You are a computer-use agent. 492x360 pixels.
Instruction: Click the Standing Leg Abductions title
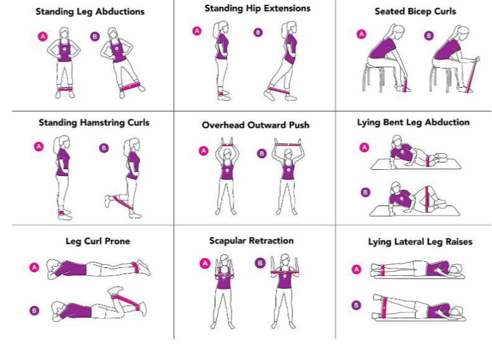[90, 12]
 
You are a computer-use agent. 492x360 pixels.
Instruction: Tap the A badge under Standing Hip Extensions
[197, 31]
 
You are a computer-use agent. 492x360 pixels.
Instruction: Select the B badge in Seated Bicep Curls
[428, 35]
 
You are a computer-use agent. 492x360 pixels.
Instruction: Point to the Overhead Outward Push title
[255, 125]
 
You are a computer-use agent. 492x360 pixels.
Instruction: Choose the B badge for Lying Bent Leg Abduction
[365, 192]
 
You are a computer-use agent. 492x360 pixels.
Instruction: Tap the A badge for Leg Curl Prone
[34, 267]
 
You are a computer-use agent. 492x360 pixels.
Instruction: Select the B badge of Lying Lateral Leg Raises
[356, 305]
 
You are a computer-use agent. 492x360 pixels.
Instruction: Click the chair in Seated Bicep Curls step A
[374, 75]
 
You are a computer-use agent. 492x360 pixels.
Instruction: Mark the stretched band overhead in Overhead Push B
[287, 144]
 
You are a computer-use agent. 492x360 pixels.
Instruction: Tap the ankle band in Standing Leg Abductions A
[65, 89]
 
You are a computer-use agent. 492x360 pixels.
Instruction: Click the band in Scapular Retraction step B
[284, 272]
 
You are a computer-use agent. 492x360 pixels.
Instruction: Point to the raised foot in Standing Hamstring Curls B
[108, 201]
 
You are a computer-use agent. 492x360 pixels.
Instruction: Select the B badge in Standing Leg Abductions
[95, 36]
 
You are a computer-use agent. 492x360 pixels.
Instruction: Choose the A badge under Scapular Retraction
[205, 263]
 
